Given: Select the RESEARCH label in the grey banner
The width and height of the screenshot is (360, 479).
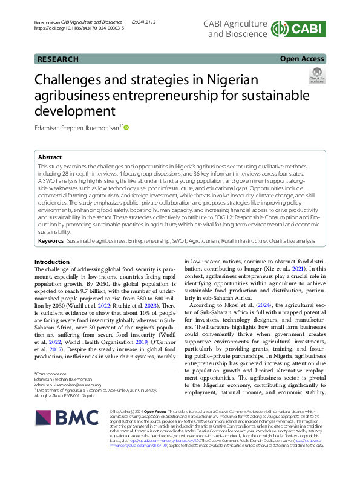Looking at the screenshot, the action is (58, 59).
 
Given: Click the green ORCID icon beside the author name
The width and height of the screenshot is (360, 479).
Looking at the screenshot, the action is (126, 127).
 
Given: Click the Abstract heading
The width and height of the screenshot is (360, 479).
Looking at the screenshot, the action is (51, 156).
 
